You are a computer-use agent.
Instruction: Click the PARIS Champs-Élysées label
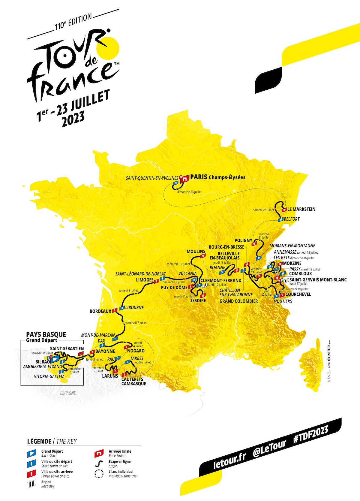[218, 177]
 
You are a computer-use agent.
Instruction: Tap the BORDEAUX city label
[100, 311]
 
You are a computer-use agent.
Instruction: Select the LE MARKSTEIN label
[301, 209]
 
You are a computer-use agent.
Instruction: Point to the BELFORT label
[292, 219]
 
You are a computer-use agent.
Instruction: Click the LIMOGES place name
[145, 280]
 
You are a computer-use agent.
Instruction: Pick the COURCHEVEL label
[298, 294]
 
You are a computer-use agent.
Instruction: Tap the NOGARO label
[136, 351]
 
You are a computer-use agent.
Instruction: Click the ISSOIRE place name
[199, 300]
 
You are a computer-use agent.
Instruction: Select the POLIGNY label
[244, 240]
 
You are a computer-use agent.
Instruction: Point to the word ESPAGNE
[68, 393]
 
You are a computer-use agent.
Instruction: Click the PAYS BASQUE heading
[46, 334]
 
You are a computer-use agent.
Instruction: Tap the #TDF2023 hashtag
[310, 434]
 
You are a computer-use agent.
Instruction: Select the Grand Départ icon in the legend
[31, 453]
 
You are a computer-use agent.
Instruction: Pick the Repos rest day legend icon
[31, 484]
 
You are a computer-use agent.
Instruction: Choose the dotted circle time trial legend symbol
[99, 474]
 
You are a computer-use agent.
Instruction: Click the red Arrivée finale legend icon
[99, 453]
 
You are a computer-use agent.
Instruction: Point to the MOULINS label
[196, 252]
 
